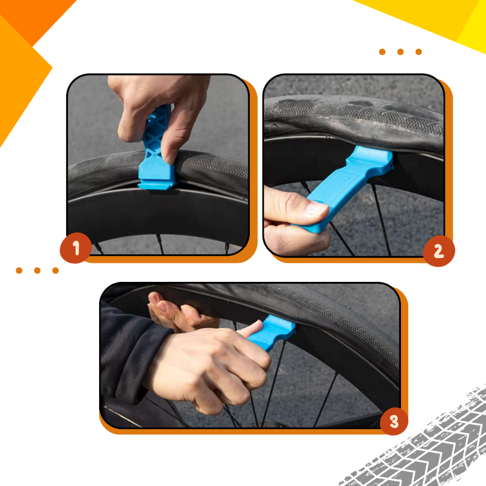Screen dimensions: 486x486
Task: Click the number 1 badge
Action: click(76, 248)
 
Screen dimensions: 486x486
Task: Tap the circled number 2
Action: click(439, 251)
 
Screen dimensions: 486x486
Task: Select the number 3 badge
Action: click(394, 421)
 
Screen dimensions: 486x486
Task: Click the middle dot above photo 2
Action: click(400, 52)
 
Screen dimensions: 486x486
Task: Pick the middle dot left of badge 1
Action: click(37, 270)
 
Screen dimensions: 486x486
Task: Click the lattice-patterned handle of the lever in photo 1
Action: click(157, 130)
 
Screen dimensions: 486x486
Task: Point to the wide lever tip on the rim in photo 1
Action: click(157, 178)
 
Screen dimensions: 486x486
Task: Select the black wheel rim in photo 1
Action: click(157, 214)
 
